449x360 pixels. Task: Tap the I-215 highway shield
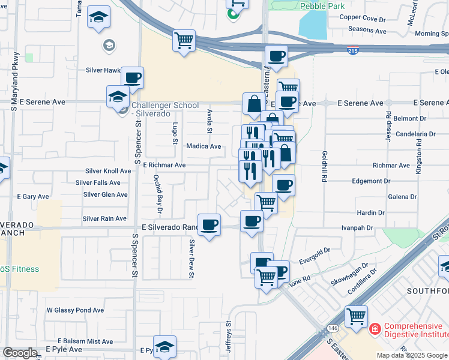[353, 52]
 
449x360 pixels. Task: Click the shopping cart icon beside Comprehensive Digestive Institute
[356, 316]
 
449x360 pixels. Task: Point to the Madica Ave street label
[203, 146]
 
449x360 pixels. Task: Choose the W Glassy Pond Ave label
[75, 310]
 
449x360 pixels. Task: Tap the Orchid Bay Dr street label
[157, 194]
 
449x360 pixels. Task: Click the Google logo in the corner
[20, 353]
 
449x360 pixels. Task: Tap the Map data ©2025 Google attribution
[412, 355]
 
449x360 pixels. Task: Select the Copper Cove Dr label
[363, 17]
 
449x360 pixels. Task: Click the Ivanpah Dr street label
[357, 228]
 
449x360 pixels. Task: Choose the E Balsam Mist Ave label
[85, 341]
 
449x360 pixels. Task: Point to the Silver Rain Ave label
[104, 219]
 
